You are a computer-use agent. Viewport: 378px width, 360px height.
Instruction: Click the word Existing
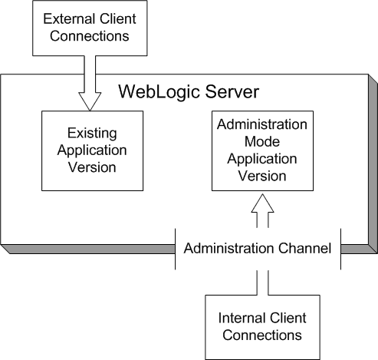(93, 133)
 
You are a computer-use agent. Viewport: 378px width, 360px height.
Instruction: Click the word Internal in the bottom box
(244, 318)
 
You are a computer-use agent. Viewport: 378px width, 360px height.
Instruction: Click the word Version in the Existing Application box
(93, 167)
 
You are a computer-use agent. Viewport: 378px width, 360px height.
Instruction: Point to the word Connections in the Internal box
(261, 335)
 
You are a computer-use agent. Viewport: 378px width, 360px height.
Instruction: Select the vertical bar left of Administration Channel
(176, 248)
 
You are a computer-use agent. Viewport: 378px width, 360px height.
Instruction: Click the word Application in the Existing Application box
(93, 150)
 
